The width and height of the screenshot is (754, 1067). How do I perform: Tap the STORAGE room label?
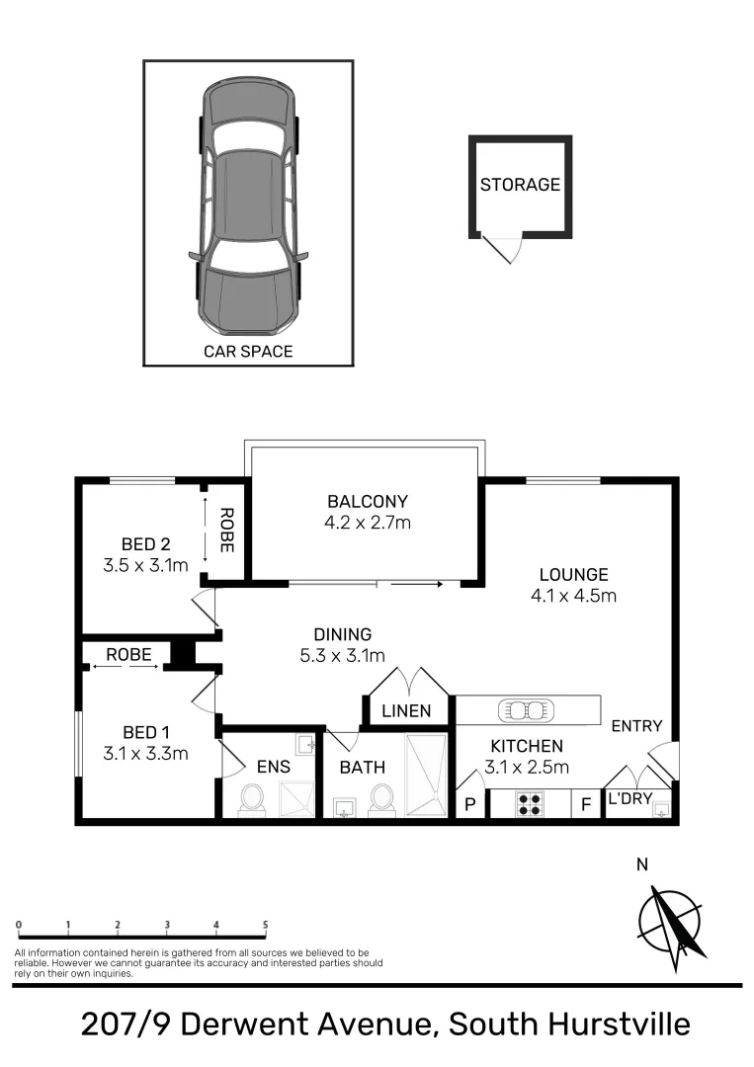click(x=520, y=185)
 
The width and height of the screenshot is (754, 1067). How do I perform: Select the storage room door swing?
click(x=503, y=250)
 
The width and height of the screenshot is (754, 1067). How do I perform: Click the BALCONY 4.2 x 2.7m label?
click(x=367, y=512)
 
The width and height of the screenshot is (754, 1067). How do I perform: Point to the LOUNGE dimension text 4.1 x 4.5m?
click(x=573, y=596)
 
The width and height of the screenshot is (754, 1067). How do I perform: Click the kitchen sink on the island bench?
click(x=528, y=709)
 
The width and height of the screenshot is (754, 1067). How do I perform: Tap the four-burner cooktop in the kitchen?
click(x=530, y=803)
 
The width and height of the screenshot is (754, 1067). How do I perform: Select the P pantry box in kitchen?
click(x=470, y=804)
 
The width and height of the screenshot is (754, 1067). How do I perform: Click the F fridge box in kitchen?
click(x=585, y=804)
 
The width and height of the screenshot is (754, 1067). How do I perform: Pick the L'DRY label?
click(x=629, y=797)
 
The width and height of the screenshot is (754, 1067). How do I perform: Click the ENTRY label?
click(x=636, y=726)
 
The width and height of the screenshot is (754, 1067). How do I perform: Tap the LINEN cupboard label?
click(x=407, y=710)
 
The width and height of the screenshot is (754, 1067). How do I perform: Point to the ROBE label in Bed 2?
click(x=226, y=530)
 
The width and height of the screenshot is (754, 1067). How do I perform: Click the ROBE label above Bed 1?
click(x=128, y=654)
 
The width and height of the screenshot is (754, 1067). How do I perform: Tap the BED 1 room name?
click(x=145, y=732)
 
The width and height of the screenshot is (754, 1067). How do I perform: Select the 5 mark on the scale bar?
click(x=265, y=925)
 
